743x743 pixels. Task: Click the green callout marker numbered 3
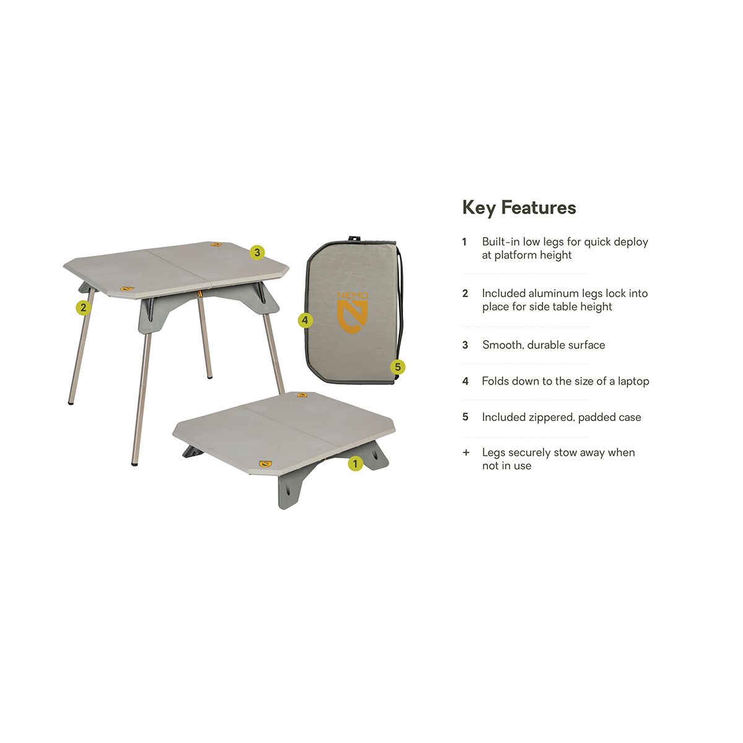(x=257, y=253)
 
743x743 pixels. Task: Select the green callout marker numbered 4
(x=305, y=320)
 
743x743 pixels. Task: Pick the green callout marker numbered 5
(x=398, y=367)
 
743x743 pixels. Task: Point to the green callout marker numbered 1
(x=355, y=463)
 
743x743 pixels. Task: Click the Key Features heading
(x=519, y=207)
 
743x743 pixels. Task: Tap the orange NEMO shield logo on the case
(x=352, y=313)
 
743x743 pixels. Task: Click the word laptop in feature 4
(x=633, y=381)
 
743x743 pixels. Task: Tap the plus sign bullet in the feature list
(x=466, y=453)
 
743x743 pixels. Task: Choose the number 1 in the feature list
(x=464, y=242)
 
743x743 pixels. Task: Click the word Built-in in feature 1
(x=501, y=242)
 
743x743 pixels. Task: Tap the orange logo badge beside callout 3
(x=215, y=245)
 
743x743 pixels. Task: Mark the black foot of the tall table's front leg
(x=134, y=463)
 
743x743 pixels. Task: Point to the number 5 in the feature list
(x=465, y=417)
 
